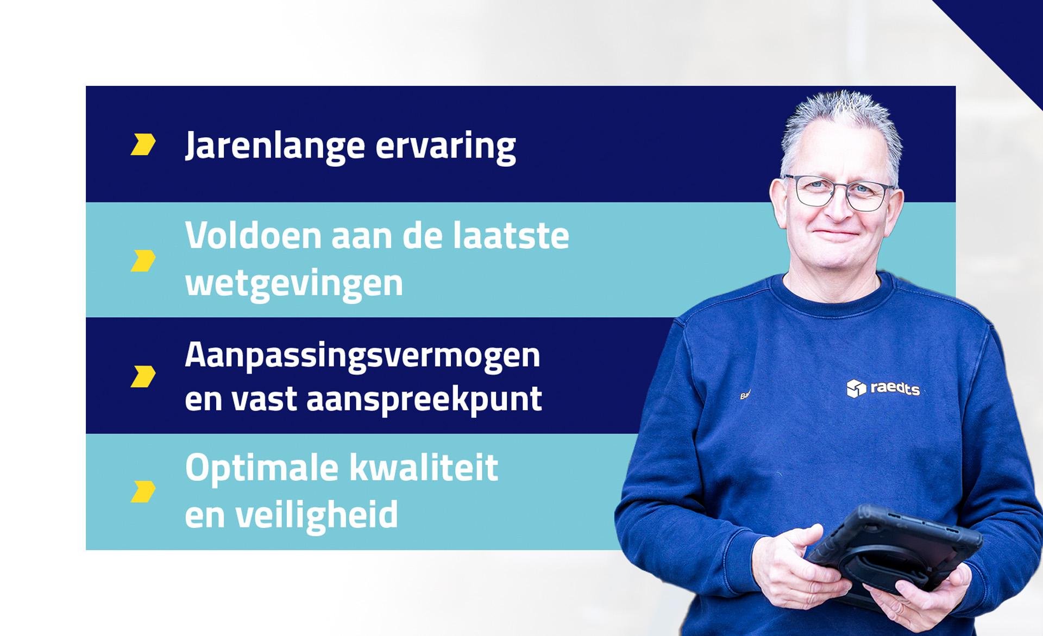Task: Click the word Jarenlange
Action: tap(274, 146)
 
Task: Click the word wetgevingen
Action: tap(294, 283)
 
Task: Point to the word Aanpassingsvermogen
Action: tap(362, 356)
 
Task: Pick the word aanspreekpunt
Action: tap(424, 399)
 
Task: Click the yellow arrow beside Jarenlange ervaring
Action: tap(143, 144)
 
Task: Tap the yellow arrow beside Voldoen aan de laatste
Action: tap(143, 261)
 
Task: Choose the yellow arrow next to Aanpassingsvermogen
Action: tap(143, 376)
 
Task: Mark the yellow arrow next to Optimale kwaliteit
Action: tap(143, 491)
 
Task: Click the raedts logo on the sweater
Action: tap(883, 388)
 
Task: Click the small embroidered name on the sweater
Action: tap(745, 395)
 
